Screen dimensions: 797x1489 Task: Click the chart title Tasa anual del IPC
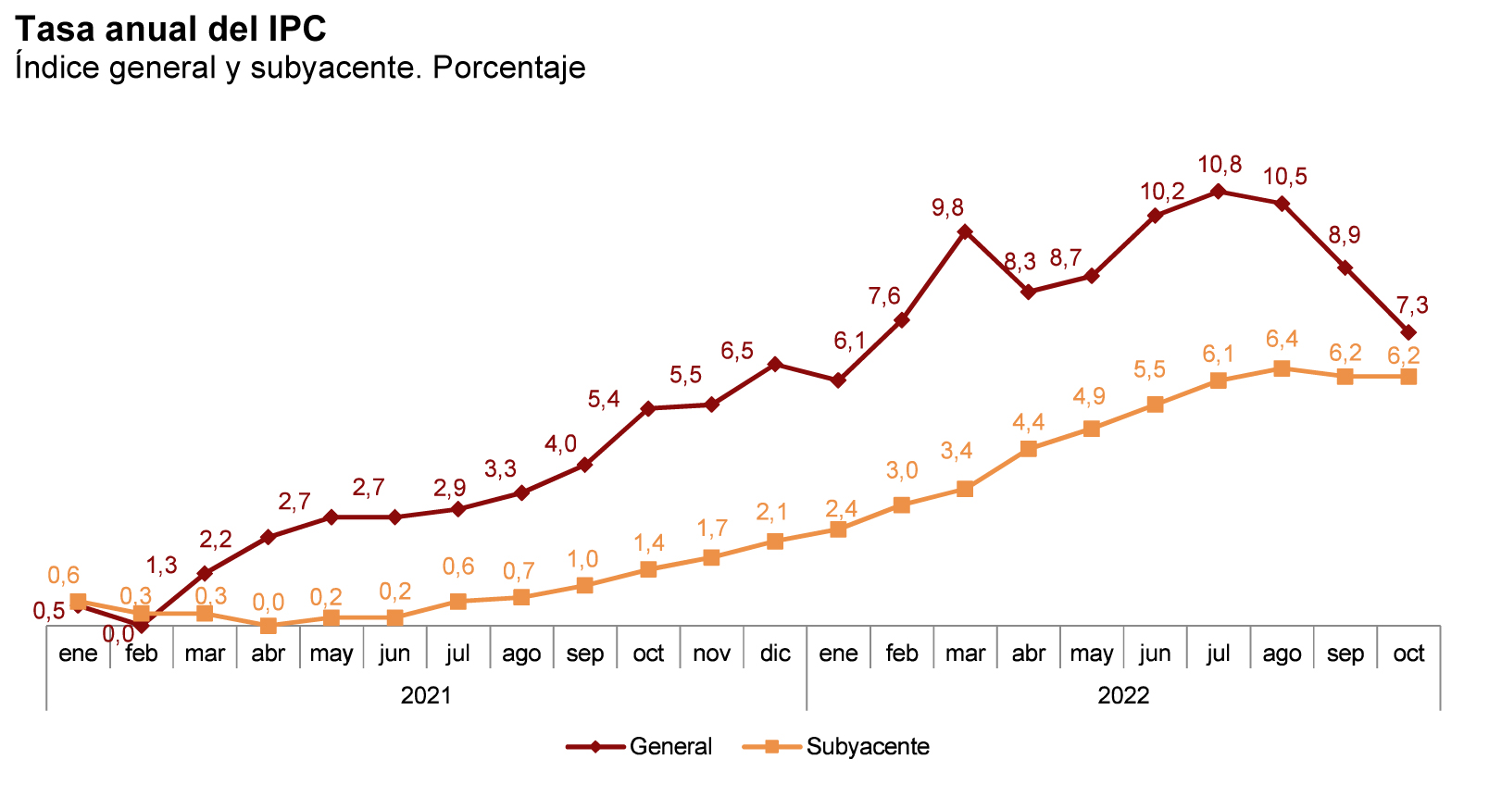170,30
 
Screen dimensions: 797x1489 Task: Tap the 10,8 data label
1220,166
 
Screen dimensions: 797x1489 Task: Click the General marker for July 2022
1219,192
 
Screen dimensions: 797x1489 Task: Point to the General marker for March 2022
965,231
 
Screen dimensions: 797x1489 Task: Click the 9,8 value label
947,207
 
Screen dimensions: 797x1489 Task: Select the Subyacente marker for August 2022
1282,368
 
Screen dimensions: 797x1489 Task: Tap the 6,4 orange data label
1282,340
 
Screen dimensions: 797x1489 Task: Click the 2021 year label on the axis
426,695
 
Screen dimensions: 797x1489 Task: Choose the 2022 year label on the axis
1123,695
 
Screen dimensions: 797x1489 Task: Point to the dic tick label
775,654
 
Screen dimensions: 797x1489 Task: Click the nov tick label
711,654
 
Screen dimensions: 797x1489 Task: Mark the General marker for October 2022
1408,332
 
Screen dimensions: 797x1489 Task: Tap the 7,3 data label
1411,305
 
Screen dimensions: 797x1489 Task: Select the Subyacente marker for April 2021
269,626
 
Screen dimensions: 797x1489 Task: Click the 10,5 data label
1284,177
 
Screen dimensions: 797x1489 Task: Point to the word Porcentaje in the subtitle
508,68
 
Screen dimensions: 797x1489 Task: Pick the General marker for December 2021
775,364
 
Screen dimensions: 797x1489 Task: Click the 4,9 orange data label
1089,397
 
